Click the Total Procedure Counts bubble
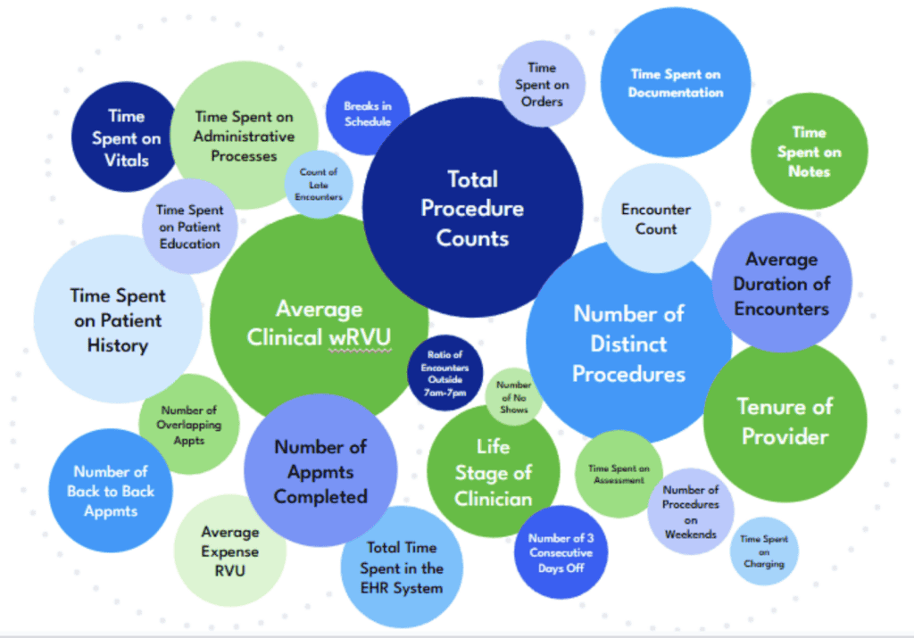[x=472, y=207]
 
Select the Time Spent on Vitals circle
[x=126, y=137]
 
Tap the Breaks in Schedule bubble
[x=367, y=113]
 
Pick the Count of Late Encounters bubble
[x=319, y=184]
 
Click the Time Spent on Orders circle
[x=542, y=84]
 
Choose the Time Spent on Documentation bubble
[x=675, y=83]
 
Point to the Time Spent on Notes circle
[x=809, y=152]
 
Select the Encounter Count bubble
[x=656, y=219]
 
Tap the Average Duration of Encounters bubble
[x=781, y=283]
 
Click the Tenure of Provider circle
[x=785, y=421]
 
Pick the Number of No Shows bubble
[x=514, y=397]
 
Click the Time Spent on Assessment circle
[x=619, y=474]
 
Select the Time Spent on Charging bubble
[x=763, y=551]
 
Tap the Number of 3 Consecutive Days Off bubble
[x=561, y=552]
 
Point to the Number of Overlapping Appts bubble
[x=188, y=425]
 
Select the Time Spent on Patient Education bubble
[x=188, y=227]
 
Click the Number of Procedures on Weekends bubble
[x=690, y=511]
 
